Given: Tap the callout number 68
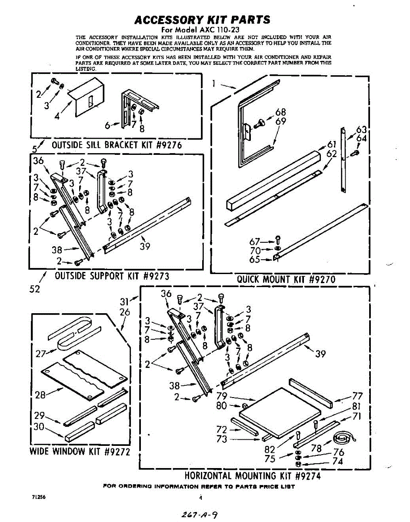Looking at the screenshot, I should coord(280,113).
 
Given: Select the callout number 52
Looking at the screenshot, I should coord(34,289).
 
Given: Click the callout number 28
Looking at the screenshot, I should coord(40,395).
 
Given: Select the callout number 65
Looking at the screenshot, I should coord(255,259).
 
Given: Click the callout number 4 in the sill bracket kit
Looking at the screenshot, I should coord(57,116).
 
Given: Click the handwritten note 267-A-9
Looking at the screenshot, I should coord(200,514).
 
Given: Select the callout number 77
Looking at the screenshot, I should coord(357,396).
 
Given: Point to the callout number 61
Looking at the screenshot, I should coord(332,145).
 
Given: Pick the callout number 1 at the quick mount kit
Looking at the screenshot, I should coord(215,83).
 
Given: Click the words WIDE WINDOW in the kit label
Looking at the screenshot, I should coord(58,451).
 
